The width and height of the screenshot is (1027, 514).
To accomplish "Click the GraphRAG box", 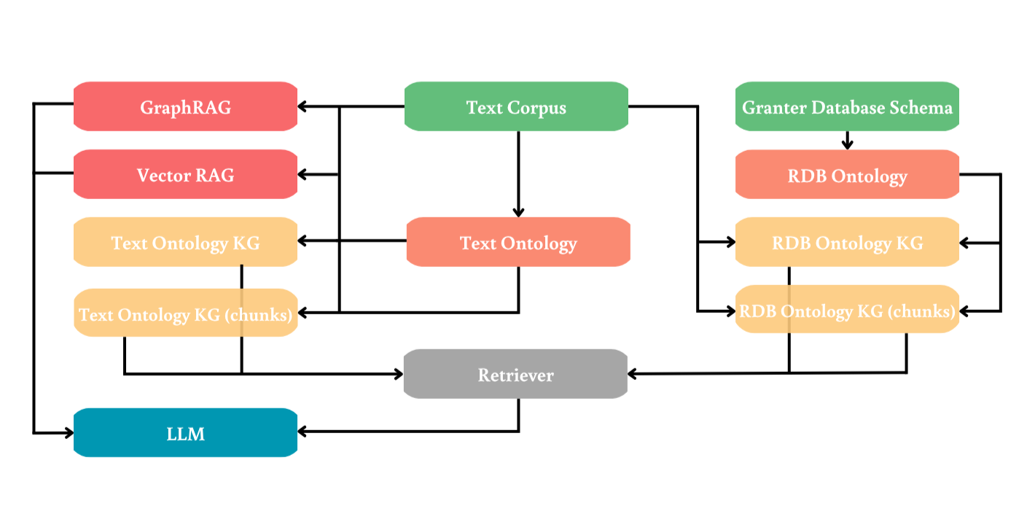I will pyautogui.click(x=185, y=107).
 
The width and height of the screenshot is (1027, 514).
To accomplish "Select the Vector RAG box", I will pyautogui.click(x=185, y=175).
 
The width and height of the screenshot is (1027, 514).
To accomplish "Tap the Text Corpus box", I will pyautogui.click(x=516, y=107).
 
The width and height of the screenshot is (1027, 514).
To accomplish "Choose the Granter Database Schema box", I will pyautogui.click(x=847, y=107).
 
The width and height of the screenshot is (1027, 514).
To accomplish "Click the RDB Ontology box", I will pyautogui.click(x=847, y=175).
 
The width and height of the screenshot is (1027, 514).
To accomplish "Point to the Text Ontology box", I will pyautogui.click(x=518, y=242).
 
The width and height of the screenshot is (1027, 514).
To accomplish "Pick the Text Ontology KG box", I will pyautogui.click(x=185, y=242).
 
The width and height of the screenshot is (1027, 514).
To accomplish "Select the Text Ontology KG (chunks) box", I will pyautogui.click(x=185, y=314).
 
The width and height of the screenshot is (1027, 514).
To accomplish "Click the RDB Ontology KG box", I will pyautogui.click(x=847, y=242).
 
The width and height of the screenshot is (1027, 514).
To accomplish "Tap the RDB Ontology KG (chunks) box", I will pyautogui.click(x=847, y=311).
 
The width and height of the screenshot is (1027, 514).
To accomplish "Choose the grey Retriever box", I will pyautogui.click(x=516, y=375).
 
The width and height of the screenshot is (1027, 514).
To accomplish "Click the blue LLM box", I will pyautogui.click(x=185, y=433).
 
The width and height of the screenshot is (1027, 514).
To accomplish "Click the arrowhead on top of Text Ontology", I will pyautogui.click(x=518, y=211).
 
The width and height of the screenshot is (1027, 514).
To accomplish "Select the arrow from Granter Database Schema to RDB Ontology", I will pyautogui.click(x=847, y=141).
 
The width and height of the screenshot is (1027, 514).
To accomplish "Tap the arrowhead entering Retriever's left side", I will pyautogui.click(x=398, y=374).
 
